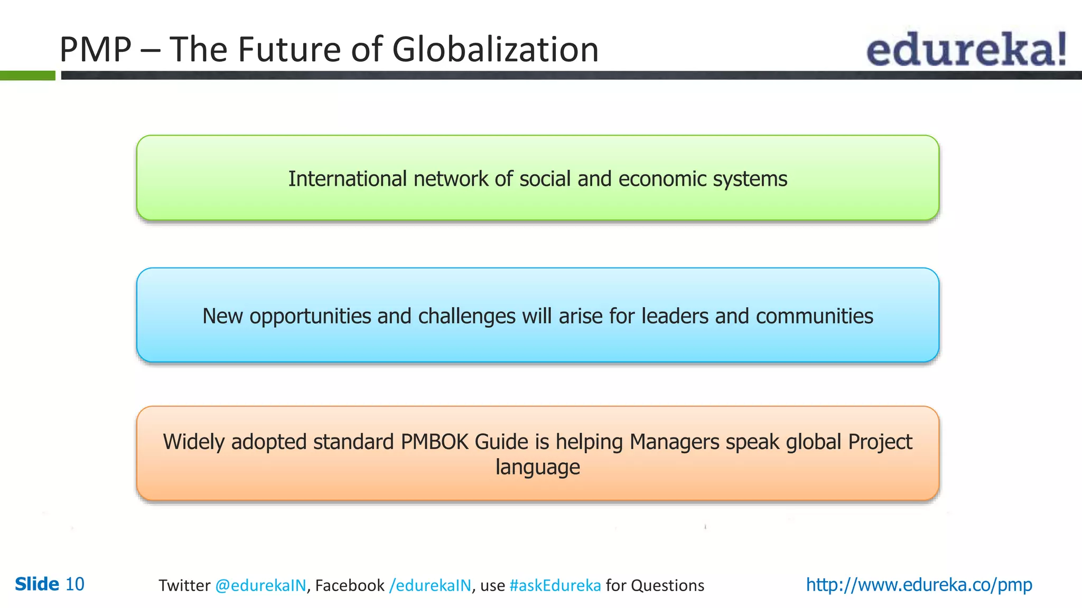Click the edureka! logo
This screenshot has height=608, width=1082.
click(966, 49)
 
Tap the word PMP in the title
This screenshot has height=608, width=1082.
click(95, 50)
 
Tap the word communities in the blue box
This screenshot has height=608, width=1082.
click(814, 316)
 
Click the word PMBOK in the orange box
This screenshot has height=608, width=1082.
click(434, 442)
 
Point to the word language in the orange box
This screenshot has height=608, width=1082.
click(537, 468)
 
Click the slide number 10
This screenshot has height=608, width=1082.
click(74, 584)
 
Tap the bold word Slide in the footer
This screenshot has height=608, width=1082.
click(37, 584)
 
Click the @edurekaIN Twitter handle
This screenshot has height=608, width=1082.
click(260, 585)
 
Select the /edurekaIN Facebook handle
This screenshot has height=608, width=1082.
click(430, 585)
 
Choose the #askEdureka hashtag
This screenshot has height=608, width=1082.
click(555, 585)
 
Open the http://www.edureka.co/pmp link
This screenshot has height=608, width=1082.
click(919, 585)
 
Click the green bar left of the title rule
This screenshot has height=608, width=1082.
click(27, 75)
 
